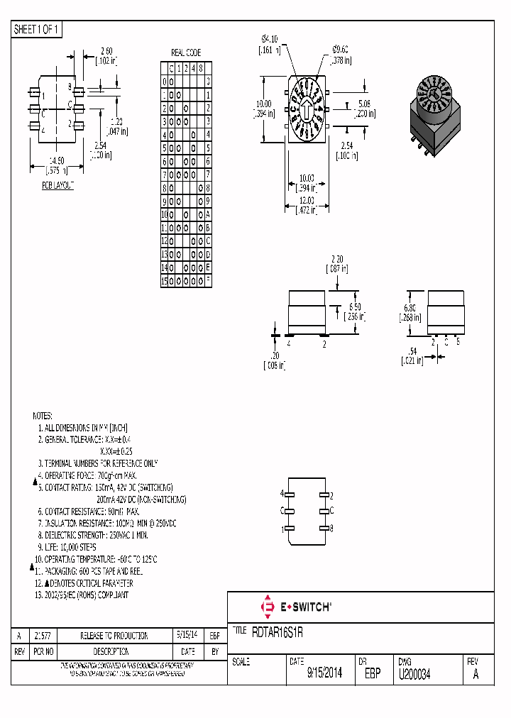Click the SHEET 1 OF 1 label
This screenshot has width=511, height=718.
pos(38,30)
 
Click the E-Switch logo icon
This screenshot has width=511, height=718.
pos(268,607)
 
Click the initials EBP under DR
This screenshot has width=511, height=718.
pos(373,673)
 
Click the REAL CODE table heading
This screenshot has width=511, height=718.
pos(186,53)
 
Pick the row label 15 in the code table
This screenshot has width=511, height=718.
pos(165,281)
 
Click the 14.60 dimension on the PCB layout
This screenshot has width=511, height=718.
pos(57,161)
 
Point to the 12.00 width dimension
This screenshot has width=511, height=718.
pos(305,201)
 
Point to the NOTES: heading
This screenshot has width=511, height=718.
pos(43,415)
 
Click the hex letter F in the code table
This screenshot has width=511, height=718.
pos(208,281)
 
